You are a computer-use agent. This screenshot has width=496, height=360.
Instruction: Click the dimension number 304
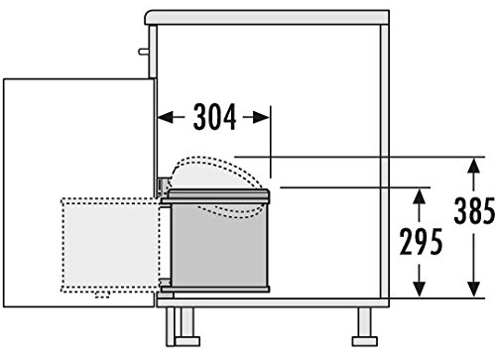click(x=215, y=117)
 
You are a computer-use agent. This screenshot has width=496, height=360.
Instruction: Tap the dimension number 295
click(x=421, y=241)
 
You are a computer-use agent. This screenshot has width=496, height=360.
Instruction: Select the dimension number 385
click(x=475, y=210)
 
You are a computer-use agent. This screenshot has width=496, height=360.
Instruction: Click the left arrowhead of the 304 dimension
click(x=166, y=117)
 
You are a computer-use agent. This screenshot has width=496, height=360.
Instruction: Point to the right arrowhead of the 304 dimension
click(x=262, y=117)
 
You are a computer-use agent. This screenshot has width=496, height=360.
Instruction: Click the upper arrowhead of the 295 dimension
click(x=420, y=196)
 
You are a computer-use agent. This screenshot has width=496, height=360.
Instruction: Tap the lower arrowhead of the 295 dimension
click(x=420, y=289)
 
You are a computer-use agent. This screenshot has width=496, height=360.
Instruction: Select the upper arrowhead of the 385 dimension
click(x=474, y=166)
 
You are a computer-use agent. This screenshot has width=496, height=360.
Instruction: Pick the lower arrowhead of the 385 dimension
click(x=474, y=289)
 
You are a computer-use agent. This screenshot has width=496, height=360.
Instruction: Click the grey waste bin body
click(x=218, y=245)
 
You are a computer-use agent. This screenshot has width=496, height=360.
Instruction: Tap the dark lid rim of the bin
click(x=215, y=195)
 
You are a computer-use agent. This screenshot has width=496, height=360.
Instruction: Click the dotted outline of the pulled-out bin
click(x=62, y=245)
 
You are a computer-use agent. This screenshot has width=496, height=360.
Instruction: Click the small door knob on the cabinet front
click(x=144, y=52)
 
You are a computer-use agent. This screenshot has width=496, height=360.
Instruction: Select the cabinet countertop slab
click(x=267, y=18)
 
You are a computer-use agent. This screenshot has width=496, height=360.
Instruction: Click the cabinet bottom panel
click(x=273, y=302)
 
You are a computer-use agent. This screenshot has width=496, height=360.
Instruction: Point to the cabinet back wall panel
click(x=385, y=162)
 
